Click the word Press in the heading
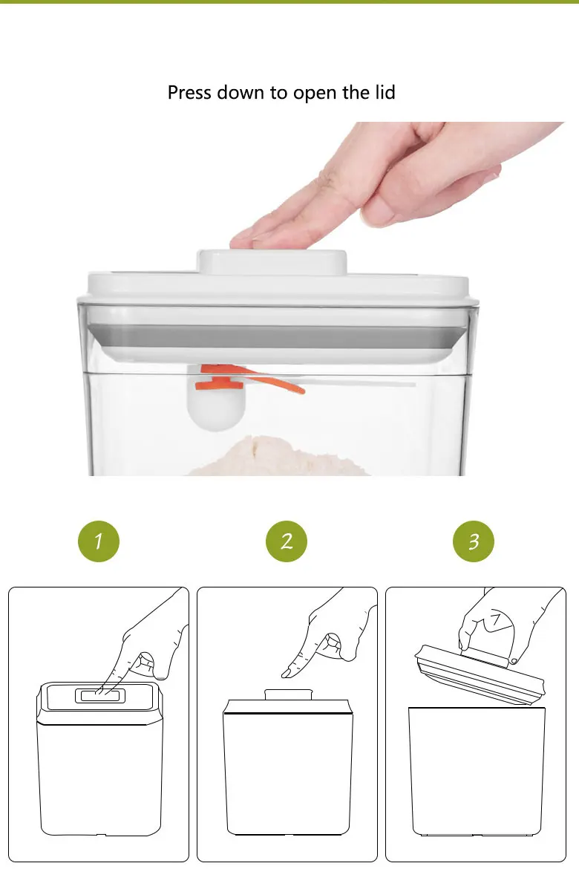pyautogui.click(x=189, y=92)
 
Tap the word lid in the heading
pyautogui.click(x=385, y=92)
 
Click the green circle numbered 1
pyautogui.click(x=99, y=541)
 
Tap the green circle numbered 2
pyautogui.click(x=287, y=541)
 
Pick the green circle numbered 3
pyautogui.click(x=474, y=541)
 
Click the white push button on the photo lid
pyautogui.click(x=272, y=262)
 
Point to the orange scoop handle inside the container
pyautogui.click(x=251, y=379)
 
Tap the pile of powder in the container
pyautogui.click(x=278, y=456)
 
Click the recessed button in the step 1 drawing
pyautogui.click(x=100, y=696)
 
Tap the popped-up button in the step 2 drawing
pyautogui.click(x=289, y=694)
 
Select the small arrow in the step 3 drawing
pyautogui.click(x=496, y=619)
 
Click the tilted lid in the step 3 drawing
pyautogui.click(x=480, y=675)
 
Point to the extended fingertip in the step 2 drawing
pyautogui.click(x=287, y=673)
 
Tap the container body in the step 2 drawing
pyautogui.click(x=288, y=767)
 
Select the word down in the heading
pyautogui.click(x=241, y=92)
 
